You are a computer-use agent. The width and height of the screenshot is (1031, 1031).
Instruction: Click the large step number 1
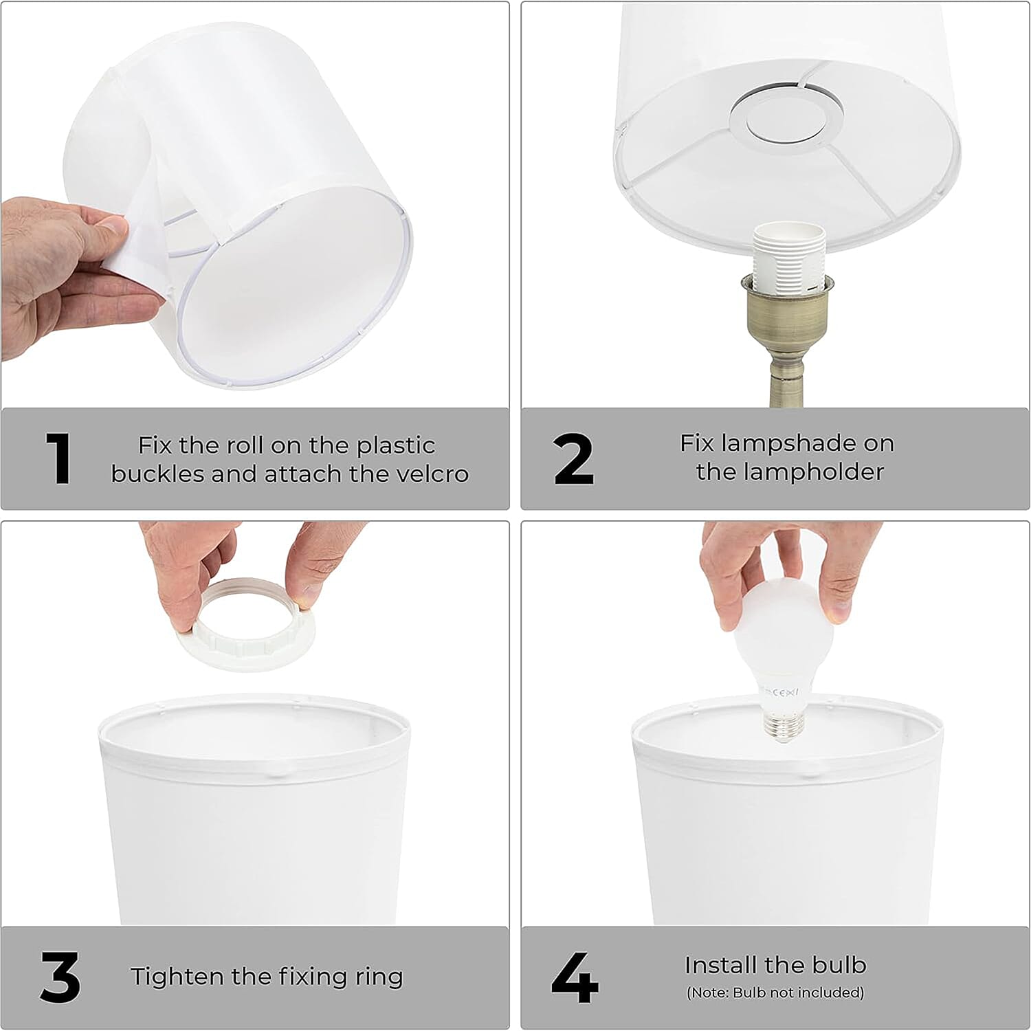point(60,458)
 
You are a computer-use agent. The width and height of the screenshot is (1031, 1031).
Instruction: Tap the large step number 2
point(573,458)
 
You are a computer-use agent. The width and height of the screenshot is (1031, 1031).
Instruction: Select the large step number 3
point(60,977)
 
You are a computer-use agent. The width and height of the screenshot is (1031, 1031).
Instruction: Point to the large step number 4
point(575,977)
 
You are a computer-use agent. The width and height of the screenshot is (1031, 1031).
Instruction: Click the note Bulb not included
point(775,993)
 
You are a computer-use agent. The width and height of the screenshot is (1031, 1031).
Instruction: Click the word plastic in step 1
point(396,446)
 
